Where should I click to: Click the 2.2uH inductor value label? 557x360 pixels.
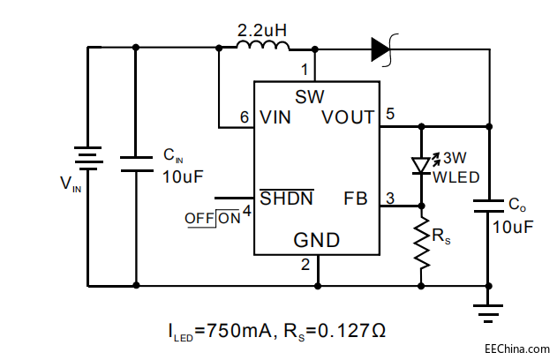click(x=262, y=31)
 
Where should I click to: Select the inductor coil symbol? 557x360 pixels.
click(x=262, y=49)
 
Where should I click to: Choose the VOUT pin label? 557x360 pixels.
click(x=348, y=117)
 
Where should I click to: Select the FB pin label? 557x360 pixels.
click(x=356, y=198)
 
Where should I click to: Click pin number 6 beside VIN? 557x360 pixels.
click(x=245, y=117)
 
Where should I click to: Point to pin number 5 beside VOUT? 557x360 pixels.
click(x=390, y=113)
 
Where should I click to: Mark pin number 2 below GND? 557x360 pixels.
click(x=305, y=263)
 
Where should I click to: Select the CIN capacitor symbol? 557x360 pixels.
click(x=136, y=162)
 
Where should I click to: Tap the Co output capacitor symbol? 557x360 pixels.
click(x=488, y=206)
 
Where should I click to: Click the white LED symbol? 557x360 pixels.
click(x=421, y=165)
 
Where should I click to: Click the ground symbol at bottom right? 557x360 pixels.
click(x=488, y=310)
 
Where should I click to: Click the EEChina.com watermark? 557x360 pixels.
click(x=516, y=347)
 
